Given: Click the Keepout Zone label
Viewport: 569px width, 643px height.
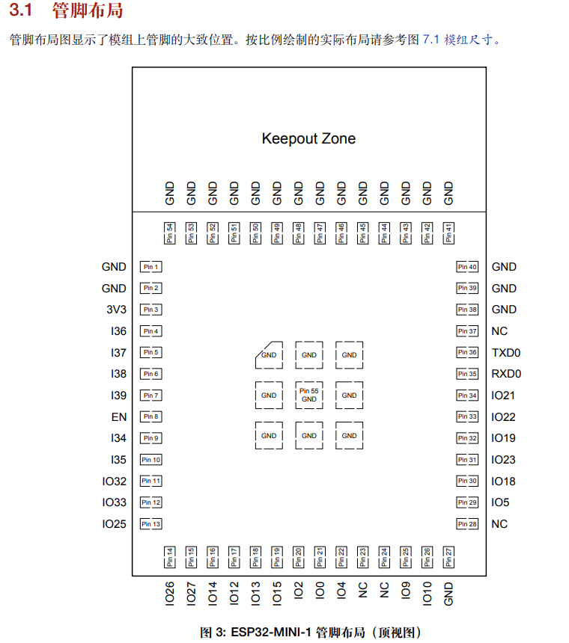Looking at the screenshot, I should tap(308, 138).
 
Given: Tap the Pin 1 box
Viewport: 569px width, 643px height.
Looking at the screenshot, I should tap(150, 267).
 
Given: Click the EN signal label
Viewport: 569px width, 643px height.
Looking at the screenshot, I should tap(119, 417).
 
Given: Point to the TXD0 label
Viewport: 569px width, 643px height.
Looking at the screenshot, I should tap(506, 353).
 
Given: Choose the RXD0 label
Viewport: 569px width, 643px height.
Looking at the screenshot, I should tap(506, 374).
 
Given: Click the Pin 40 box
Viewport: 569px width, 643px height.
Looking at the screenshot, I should tap(467, 267).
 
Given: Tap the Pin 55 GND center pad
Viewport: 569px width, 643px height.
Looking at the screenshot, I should tap(309, 395).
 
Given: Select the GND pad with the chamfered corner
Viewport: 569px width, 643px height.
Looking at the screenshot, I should tap(269, 355).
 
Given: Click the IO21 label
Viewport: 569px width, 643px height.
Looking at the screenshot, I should tap(503, 396).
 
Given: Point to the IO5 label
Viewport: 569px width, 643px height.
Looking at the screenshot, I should tap(500, 502).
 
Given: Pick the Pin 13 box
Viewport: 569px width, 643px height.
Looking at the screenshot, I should tap(150, 524).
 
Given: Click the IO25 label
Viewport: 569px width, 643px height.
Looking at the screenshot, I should tap(115, 524).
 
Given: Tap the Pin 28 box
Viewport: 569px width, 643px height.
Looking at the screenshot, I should tap(467, 524).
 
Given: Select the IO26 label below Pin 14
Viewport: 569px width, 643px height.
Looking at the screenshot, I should tap(169, 594).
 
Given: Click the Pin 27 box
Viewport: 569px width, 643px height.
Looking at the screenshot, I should tap(448, 555).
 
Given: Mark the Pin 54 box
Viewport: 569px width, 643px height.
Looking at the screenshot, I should tap(170, 233).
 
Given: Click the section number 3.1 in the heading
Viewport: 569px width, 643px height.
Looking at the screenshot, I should tap(21, 11).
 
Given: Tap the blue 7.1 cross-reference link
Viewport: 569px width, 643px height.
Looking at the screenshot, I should tap(430, 40).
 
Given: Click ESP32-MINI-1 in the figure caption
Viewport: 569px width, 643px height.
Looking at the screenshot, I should tap(270, 633).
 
